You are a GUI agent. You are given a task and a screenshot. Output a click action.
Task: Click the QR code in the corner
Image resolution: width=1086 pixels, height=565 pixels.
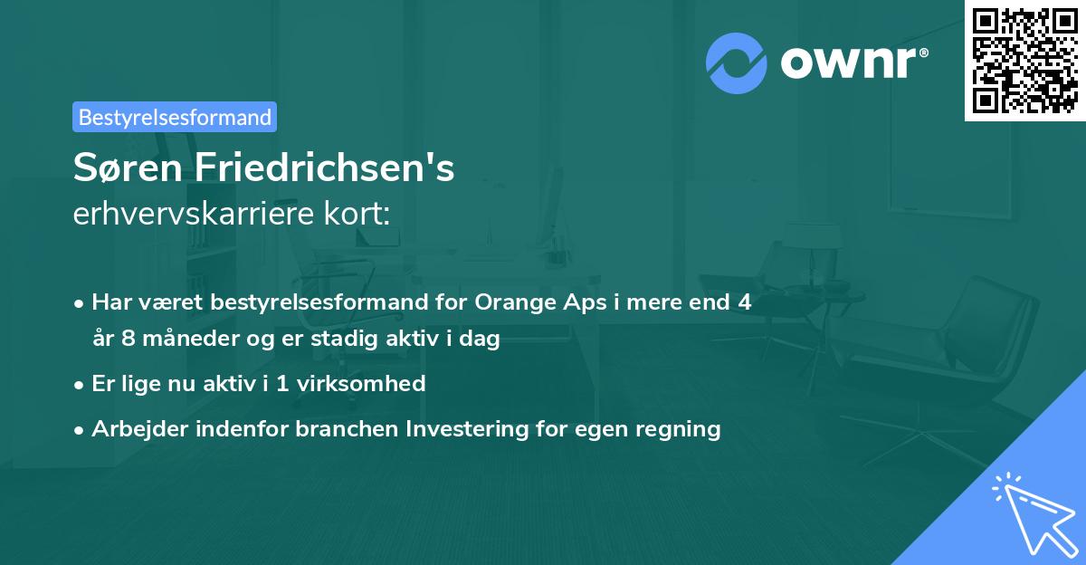click(x=1024, y=60)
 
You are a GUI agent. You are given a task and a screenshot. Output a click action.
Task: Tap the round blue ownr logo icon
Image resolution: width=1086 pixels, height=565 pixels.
click(x=737, y=62)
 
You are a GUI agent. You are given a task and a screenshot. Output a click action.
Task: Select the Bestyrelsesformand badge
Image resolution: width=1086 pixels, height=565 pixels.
click(x=175, y=117)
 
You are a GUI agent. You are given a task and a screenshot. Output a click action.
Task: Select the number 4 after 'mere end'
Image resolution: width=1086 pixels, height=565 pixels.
click(x=744, y=302)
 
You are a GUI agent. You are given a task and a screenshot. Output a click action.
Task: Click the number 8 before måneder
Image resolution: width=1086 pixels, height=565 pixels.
click(x=126, y=340)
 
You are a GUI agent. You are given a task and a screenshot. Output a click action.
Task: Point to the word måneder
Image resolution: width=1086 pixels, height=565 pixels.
click(x=180, y=340)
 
